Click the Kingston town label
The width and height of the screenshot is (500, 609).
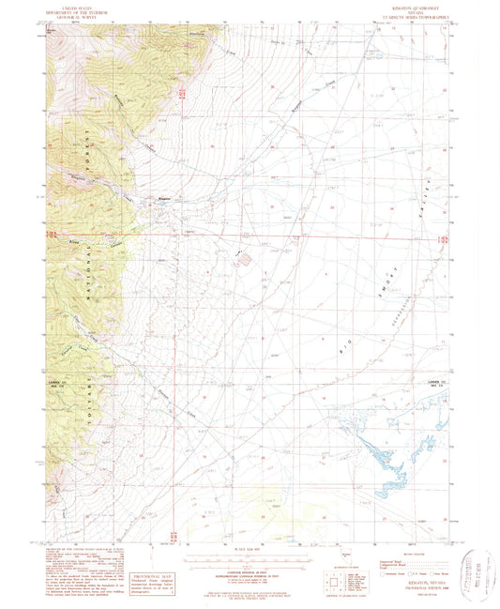click(162, 198)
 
